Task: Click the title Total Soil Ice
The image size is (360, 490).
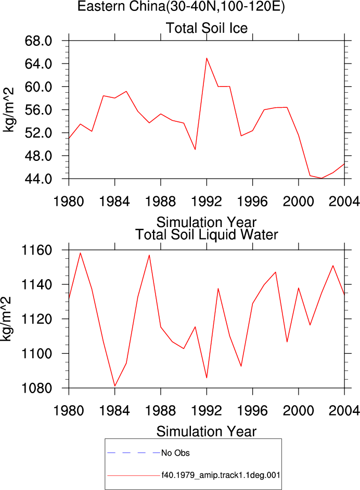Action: [x=207, y=28]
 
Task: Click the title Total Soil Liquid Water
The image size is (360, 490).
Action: [x=207, y=235]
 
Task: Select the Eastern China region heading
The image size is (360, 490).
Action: [x=181, y=6]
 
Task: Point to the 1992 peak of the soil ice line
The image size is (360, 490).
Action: [x=207, y=58]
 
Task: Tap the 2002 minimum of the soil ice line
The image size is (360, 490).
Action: [x=322, y=178]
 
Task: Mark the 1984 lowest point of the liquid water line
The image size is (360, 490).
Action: [x=115, y=386]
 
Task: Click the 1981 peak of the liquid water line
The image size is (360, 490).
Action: [x=80, y=253]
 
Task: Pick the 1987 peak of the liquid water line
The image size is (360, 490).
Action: [x=149, y=255]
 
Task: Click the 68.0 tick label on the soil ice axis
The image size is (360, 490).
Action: [x=38, y=41]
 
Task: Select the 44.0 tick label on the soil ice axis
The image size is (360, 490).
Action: [x=38, y=179]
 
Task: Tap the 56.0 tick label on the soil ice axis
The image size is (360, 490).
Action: [x=38, y=110]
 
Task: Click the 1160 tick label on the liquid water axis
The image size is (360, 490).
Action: [x=36, y=250]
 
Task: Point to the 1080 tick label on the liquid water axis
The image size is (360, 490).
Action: [x=36, y=388]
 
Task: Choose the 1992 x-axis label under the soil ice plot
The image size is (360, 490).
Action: [x=207, y=202]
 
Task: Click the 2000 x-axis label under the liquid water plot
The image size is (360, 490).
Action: [x=299, y=410]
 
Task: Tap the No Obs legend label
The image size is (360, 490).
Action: [x=175, y=453]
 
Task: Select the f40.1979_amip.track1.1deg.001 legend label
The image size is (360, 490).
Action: [x=221, y=475]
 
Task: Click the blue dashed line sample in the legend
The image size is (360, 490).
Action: [x=134, y=453]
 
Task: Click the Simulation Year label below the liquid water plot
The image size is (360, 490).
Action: [x=207, y=432]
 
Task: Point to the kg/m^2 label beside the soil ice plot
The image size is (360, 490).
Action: [x=8, y=110]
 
